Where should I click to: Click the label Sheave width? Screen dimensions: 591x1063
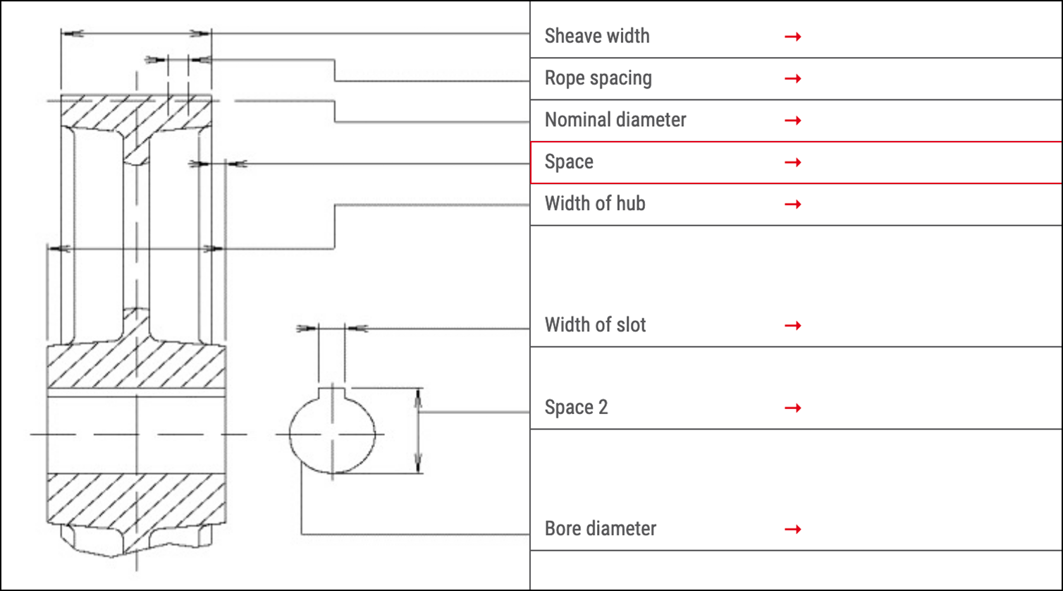point(597,36)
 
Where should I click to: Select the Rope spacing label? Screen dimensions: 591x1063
point(598,78)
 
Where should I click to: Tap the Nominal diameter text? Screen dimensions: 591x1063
point(615,120)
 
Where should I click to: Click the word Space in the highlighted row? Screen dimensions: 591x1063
point(569,162)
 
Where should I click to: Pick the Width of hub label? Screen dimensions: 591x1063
point(595,204)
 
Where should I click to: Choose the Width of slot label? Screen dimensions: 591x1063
point(595,325)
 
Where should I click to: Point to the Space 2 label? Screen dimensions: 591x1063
point(576,408)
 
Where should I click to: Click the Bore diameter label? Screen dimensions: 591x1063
point(600,529)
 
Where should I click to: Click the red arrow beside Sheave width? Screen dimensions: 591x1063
point(792,37)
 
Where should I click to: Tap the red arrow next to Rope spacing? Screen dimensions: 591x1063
point(792,78)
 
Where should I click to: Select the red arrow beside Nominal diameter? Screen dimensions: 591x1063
point(792,121)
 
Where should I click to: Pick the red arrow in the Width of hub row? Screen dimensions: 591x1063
point(792,205)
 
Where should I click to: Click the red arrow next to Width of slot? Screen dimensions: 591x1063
point(792,326)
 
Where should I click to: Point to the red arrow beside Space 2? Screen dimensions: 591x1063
point(792,408)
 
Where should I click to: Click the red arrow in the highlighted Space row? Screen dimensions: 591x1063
point(792,163)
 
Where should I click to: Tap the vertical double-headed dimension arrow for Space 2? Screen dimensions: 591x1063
point(418,430)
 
